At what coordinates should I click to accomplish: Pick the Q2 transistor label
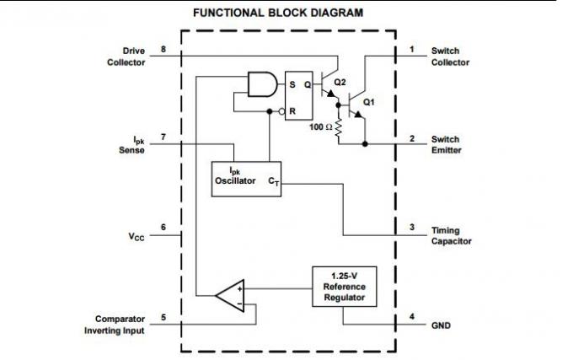(x=340, y=82)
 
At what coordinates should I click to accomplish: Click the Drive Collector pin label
(x=126, y=56)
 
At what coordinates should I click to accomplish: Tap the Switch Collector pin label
(x=450, y=56)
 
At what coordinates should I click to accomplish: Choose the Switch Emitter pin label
(x=447, y=144)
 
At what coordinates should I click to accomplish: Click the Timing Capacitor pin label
(x=452, y=235)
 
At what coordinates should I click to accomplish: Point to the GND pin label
(x=442, y=324)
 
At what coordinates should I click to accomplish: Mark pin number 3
(x=411, y=228)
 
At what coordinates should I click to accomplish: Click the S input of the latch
(x=292, y=85)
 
